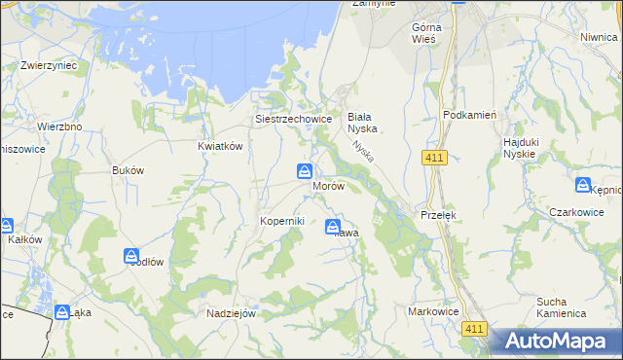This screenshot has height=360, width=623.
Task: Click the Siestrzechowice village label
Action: click(294, 119)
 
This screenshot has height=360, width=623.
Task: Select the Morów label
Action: click(328, 186)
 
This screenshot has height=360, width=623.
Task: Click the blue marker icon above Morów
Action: click(305, 172)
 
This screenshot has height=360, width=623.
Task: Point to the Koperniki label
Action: click(282, 221)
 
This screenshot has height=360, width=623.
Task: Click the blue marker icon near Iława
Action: click(333, 227)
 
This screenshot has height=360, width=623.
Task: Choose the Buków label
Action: click(128, 170)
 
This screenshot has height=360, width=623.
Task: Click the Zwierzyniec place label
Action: click(49, 66)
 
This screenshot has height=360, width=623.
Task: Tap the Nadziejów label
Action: click(231, 314)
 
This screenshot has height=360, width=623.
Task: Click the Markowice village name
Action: click(432, 309)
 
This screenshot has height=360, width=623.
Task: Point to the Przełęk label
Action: click(438, 214)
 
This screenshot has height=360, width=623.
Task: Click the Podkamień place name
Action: click(470, 114)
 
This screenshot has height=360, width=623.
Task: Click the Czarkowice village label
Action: click(576, 212)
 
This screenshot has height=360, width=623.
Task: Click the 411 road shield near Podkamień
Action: click(435, 158)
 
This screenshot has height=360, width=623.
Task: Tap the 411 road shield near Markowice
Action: click(474, 331)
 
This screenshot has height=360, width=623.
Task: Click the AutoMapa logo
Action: click(556, 341)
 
